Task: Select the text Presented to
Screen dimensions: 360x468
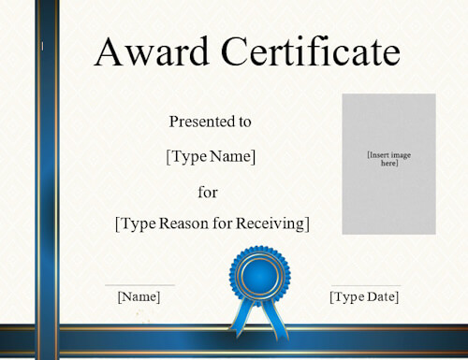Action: (x=211, y=121)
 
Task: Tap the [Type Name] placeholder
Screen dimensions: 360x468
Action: (x=211, y=156)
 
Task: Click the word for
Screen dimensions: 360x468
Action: (x=208, y=192)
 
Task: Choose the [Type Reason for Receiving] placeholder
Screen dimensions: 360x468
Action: (x=212, y=223)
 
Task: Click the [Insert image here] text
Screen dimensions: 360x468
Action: (x=388, y=158)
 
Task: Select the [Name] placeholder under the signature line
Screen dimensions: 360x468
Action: (x=139, y=296)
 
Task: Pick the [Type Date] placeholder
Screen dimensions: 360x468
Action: (x=364, y=296)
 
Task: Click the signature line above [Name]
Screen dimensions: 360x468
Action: (x=139, y=285)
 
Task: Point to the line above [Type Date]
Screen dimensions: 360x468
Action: (x=365, y=285)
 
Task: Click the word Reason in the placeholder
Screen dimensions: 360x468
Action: (x=183, y=223)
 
